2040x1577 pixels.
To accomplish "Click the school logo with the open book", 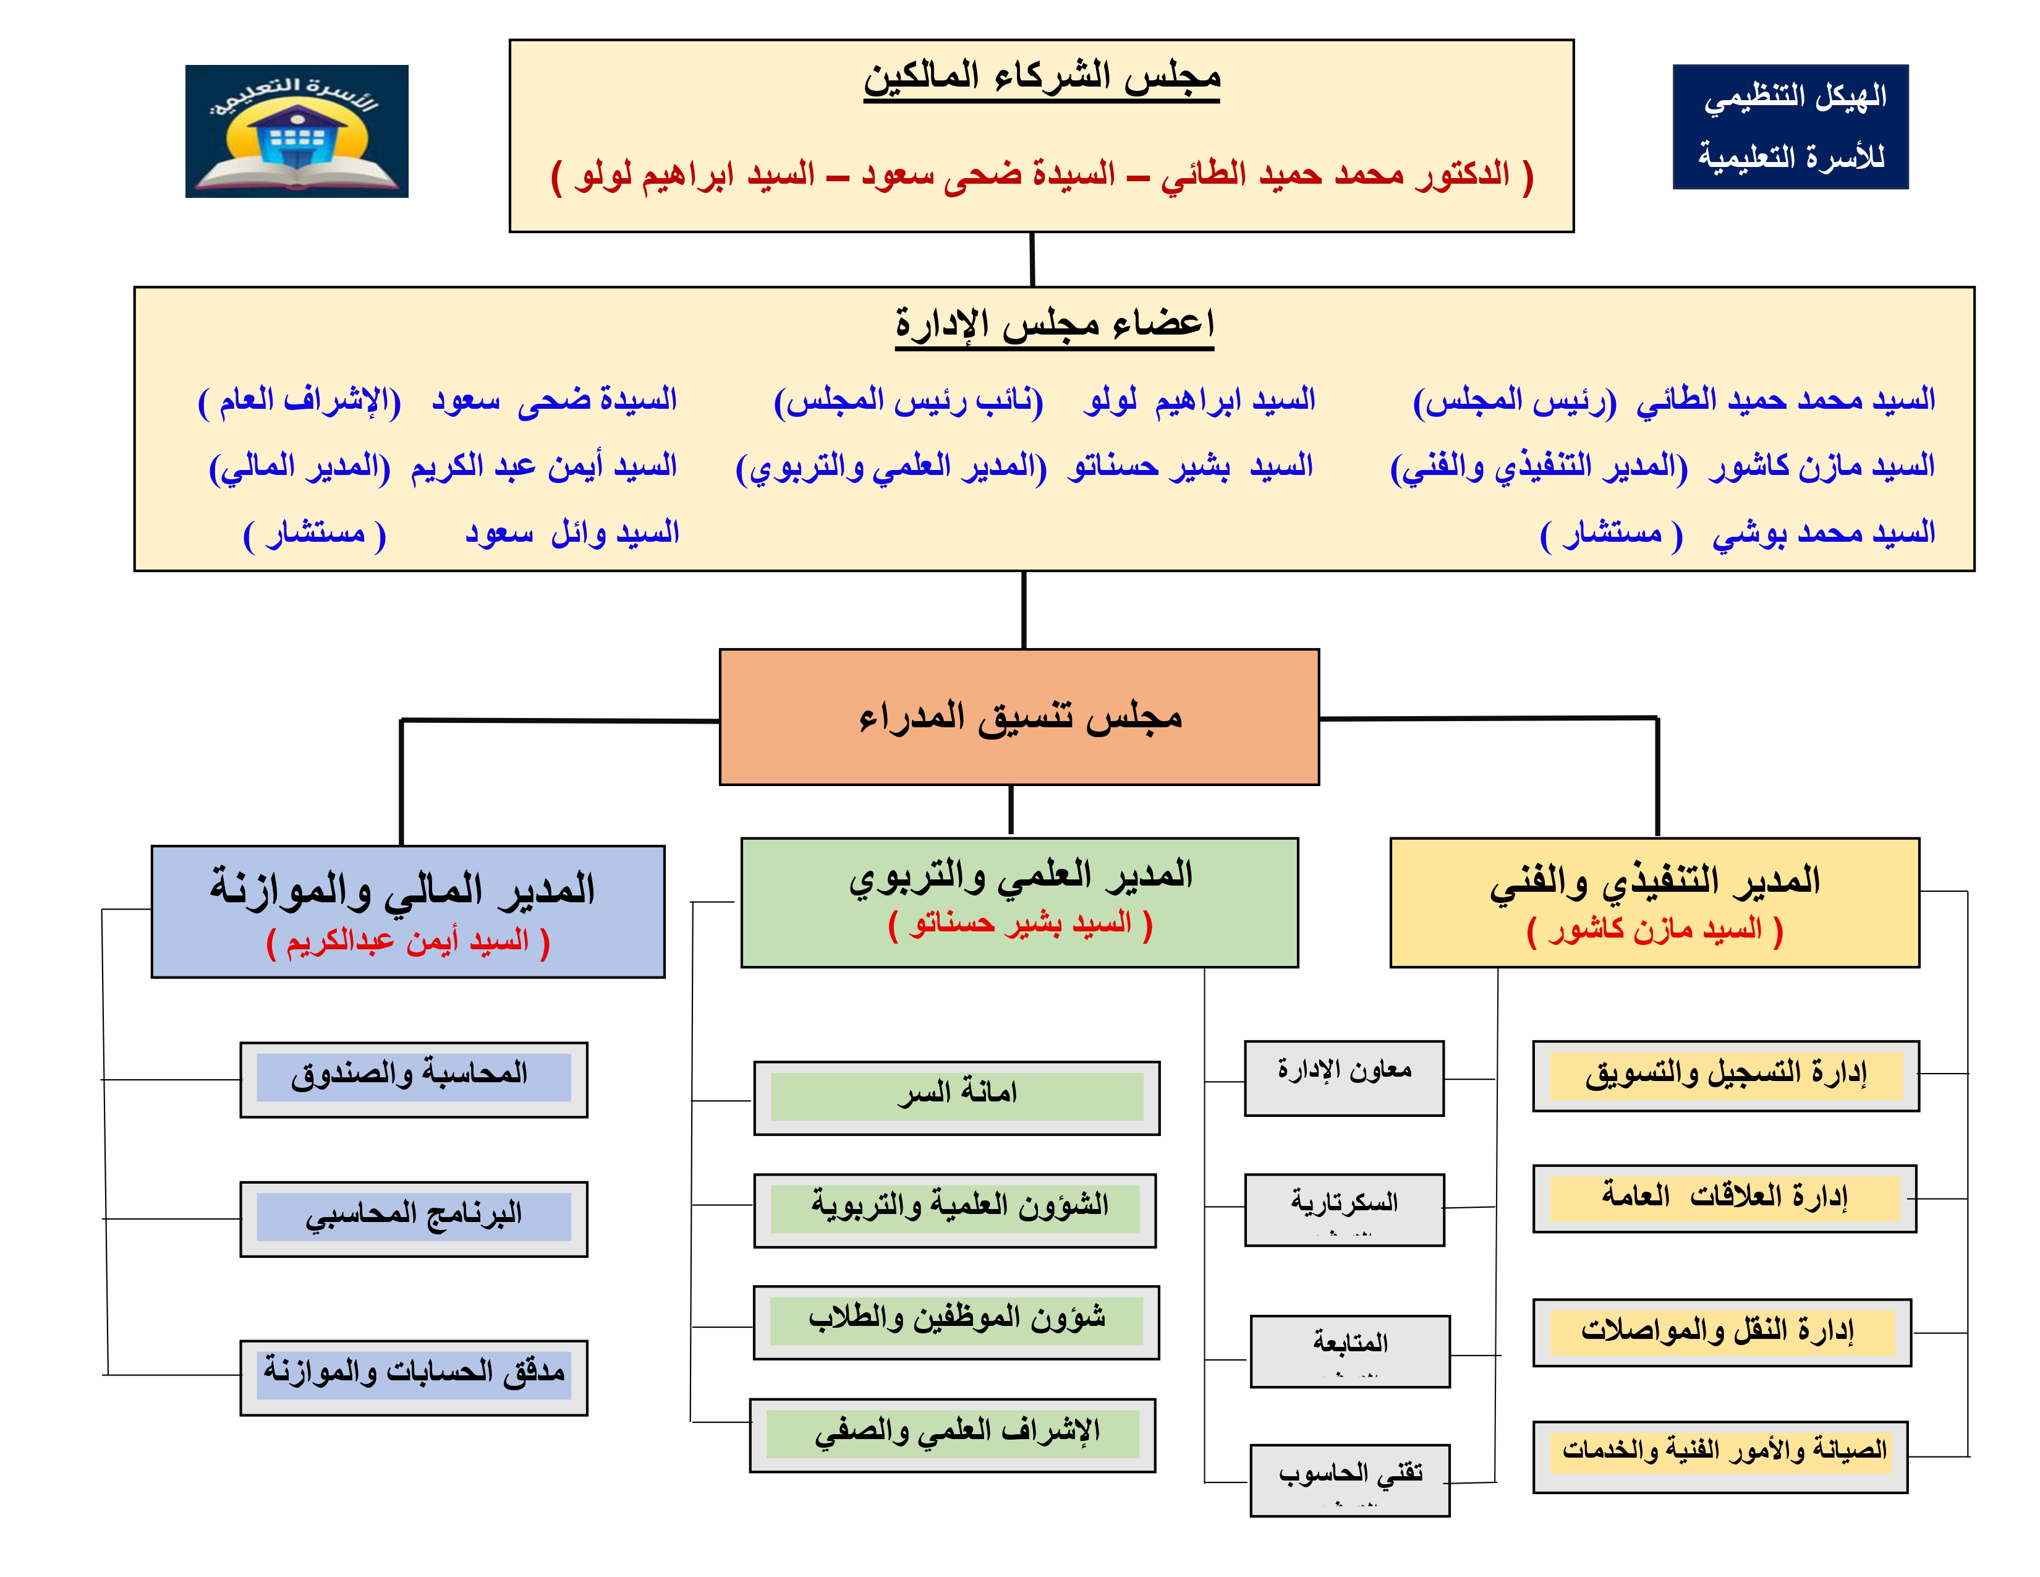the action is (x=297, y=130).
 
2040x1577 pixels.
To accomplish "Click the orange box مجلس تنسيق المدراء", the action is (x=1019, y=717).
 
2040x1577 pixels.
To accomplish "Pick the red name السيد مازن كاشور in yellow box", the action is (x=1655, y=931).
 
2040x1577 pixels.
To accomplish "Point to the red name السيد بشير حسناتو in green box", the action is (x=1020, y=924).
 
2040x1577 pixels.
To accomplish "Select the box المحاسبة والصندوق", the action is (x=414, y=1080).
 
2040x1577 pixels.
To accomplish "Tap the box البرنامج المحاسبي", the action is (x=414, y=1219).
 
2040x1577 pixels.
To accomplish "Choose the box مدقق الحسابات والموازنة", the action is (x=414, y=1378).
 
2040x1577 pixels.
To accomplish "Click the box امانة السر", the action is (x=956, y=1098).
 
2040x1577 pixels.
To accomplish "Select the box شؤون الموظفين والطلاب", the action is (x=956, y=1323).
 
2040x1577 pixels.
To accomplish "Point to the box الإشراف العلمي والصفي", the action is (x=953, y=1435).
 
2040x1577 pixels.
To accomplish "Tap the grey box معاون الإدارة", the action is (x=1344, y=1078).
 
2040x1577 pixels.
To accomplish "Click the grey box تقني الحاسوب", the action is (x=1349, y=1480).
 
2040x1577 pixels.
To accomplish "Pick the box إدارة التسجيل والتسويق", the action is (x=1726, y=1076).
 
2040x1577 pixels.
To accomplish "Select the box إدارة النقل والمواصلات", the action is (x=1722, y=1332).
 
